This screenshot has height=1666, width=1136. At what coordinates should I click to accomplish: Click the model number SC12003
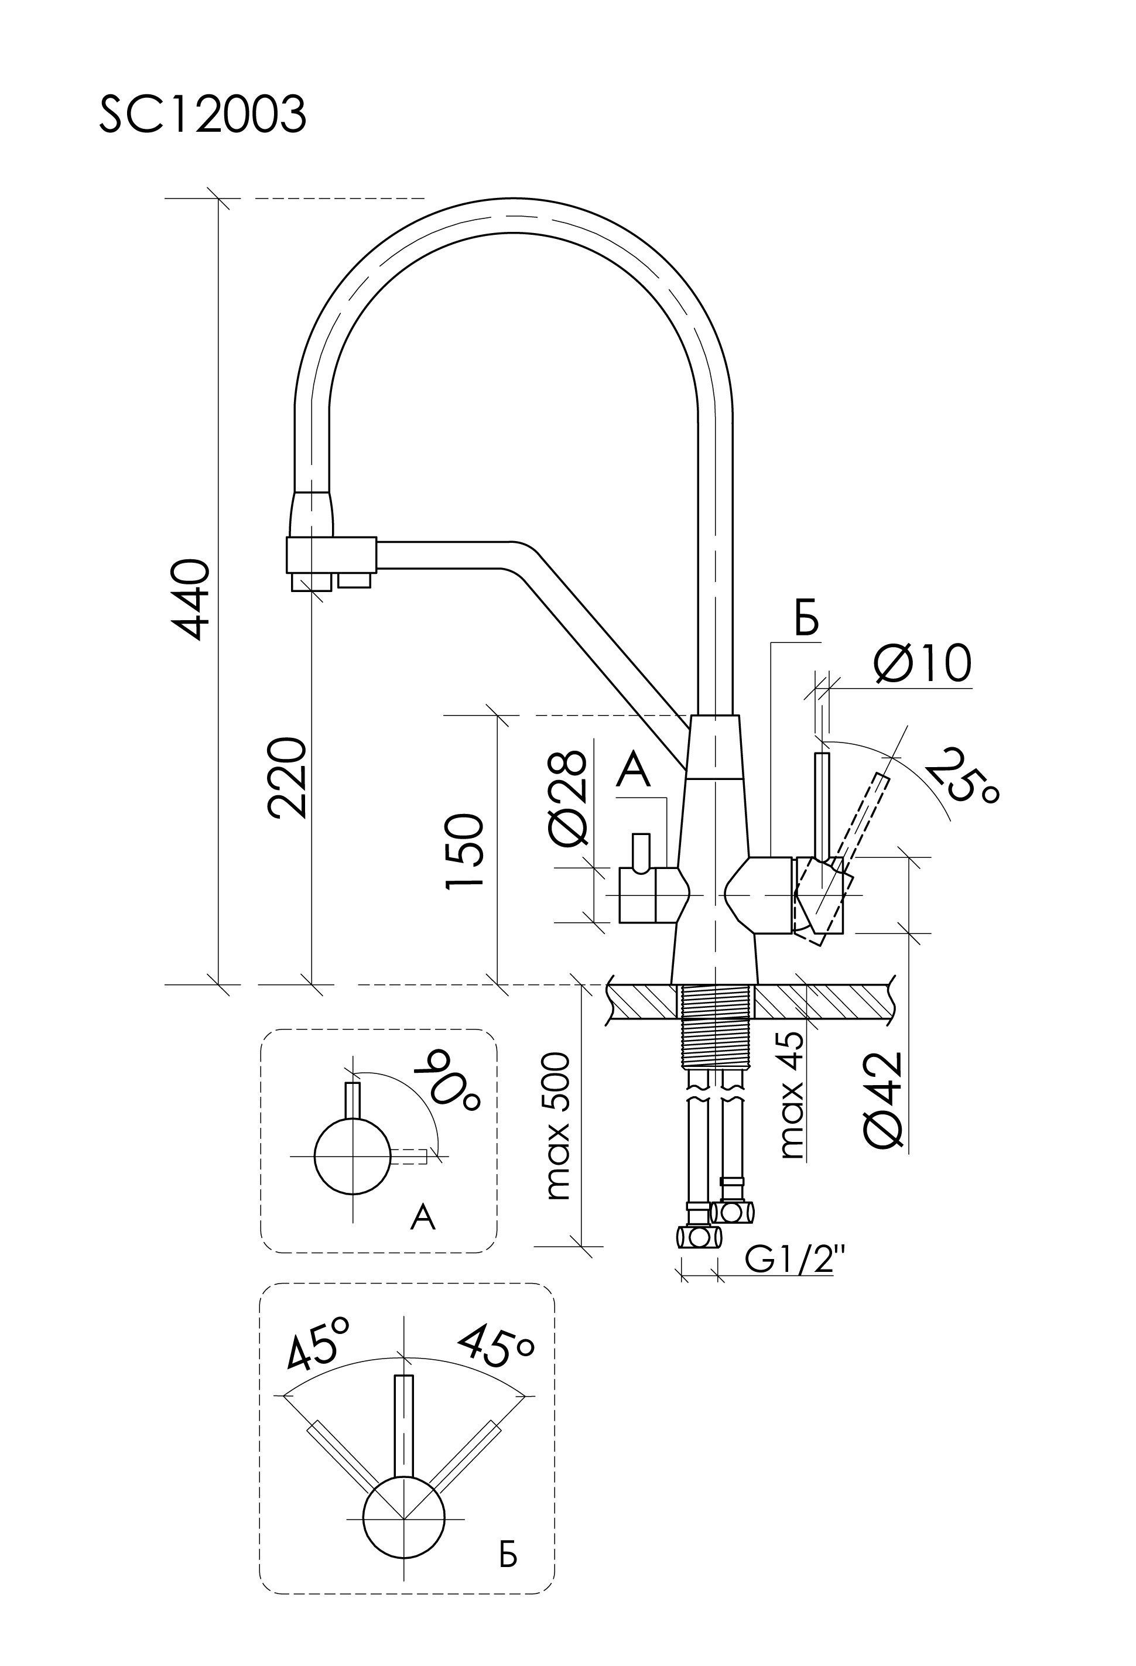[202, 115]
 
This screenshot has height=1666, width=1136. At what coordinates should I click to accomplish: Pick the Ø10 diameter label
[922, 663]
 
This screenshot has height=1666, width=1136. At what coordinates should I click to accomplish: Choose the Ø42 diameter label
[882, 1100]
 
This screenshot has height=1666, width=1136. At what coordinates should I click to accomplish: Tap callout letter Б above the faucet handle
[806, 621]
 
